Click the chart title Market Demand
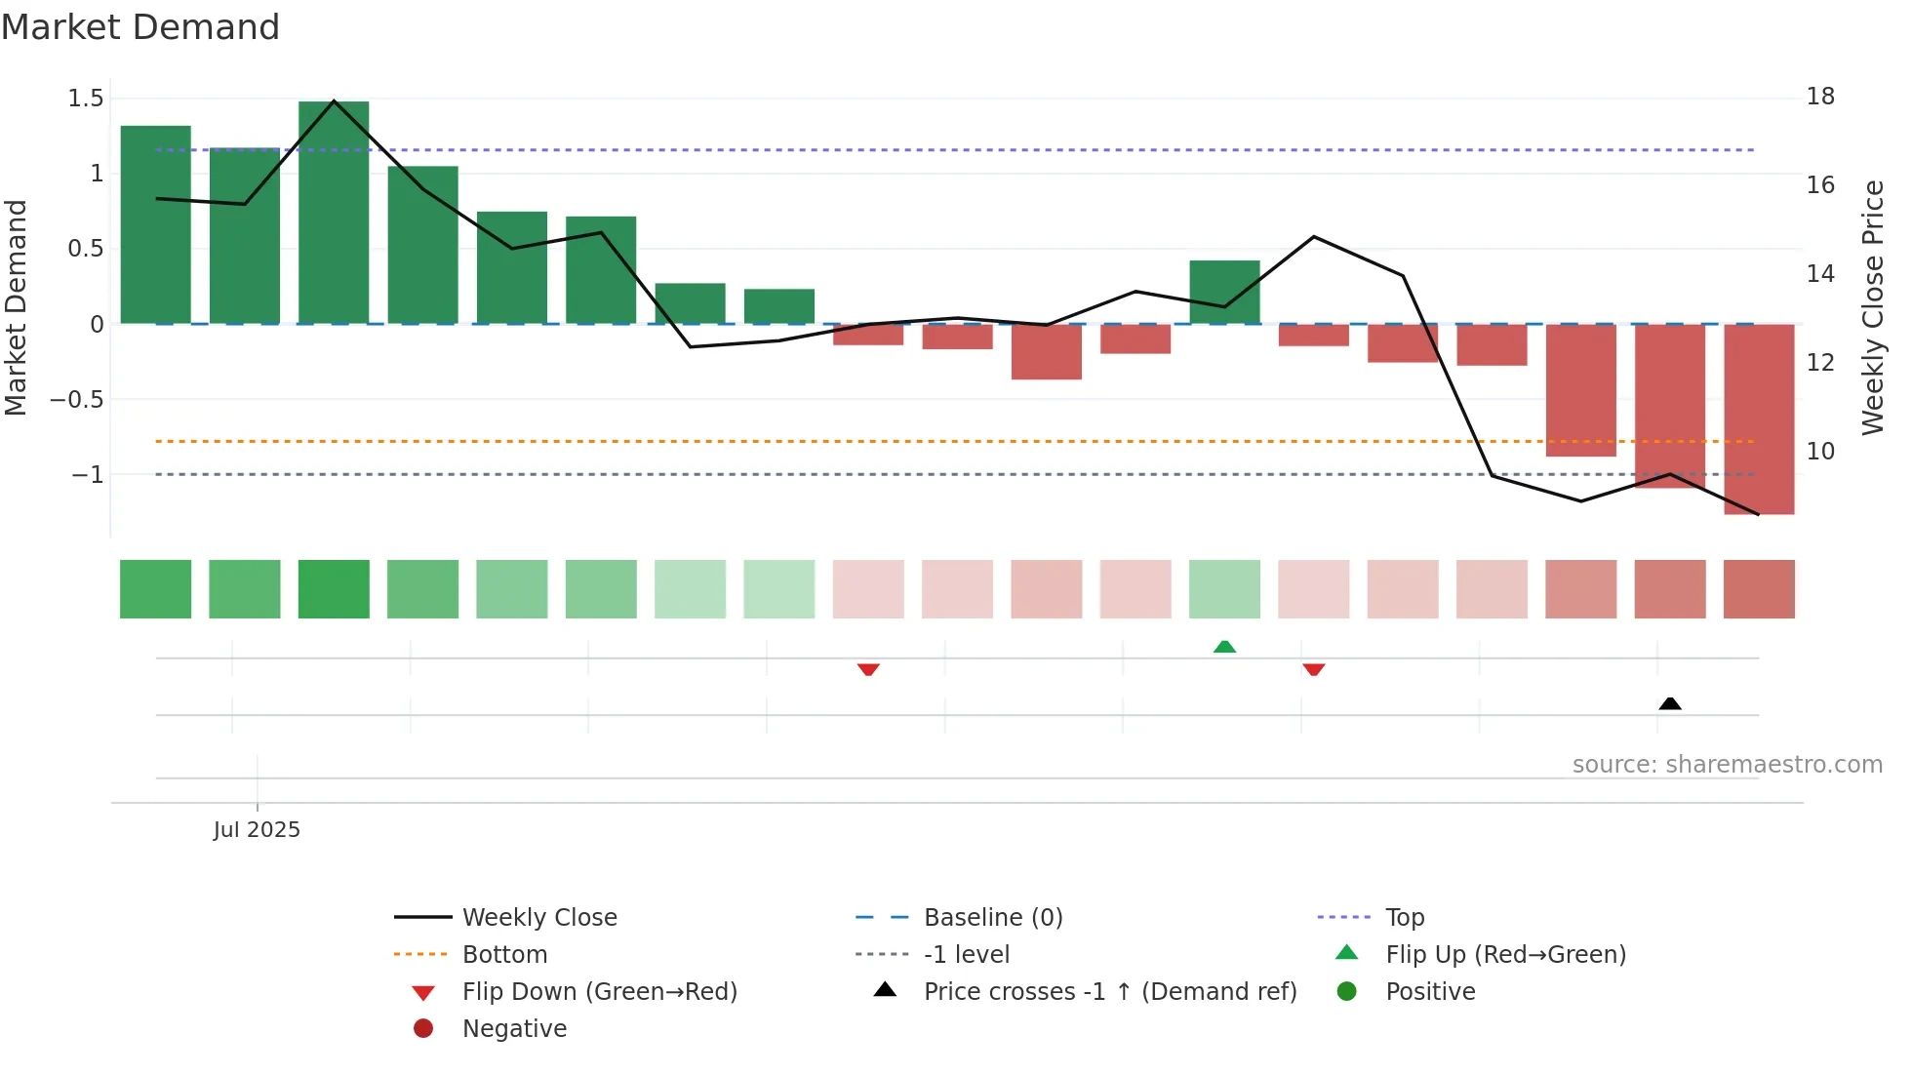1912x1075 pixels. coord(140,27)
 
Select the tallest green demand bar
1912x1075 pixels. coord(334,213)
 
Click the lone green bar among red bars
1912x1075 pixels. coord(1224,292)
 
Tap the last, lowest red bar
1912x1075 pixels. coord(1759,419)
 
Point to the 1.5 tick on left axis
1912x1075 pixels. coord(86,98)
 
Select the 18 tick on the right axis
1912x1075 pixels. coord(1820,97)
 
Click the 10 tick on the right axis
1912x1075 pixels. coord(1820,451)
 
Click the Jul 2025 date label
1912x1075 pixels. coord(257,829)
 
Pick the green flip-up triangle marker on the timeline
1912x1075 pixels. coord(1224,647)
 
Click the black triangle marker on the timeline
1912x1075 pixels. coord(1670,703)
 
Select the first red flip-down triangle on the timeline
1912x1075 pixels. coord(868,669)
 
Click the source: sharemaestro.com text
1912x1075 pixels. coord(1727,764)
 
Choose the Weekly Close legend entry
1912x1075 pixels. coord(538,917)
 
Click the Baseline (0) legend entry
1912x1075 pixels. coord(992,917)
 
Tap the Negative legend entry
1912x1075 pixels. coord(513,1028)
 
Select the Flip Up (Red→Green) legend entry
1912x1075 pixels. coord(1505,954)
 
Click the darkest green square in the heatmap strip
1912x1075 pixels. coord(334,589)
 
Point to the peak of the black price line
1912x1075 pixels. coord(334,100)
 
